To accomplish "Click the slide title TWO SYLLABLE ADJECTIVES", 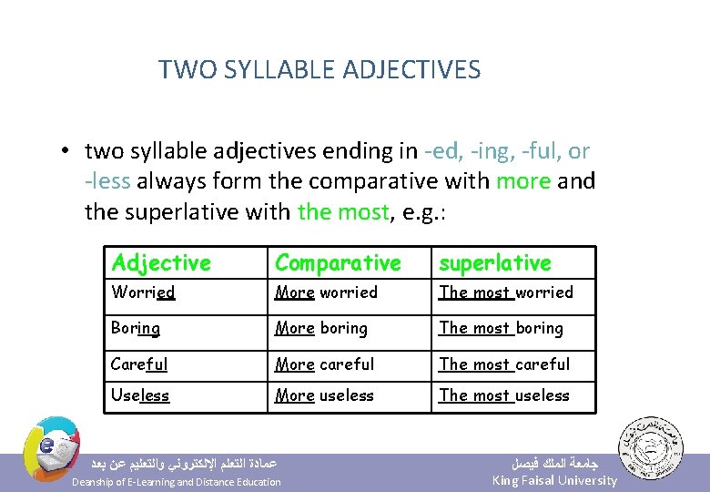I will click(319, 69).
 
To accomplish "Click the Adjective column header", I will click(161, 263).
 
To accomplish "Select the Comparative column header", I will click(338, 263).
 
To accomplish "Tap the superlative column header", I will click(495, 263).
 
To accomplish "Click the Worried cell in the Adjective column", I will click(143, 292).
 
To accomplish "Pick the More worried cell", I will click(326, 292).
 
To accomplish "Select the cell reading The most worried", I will click(506, 292).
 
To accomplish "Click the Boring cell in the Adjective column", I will click(136, 328).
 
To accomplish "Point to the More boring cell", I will click(321, 328).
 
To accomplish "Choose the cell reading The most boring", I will click(502, 328).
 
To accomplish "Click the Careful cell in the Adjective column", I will click(139, 364).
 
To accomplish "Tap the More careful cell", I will click(325, 364).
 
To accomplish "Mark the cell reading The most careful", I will click(504, 364).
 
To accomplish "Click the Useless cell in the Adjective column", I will click(140, 395).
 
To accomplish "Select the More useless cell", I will click(325, 395).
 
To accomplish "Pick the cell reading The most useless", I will click(504, 395).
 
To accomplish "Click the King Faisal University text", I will click(554, 481).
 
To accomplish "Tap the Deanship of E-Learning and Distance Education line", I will click(177, 482).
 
